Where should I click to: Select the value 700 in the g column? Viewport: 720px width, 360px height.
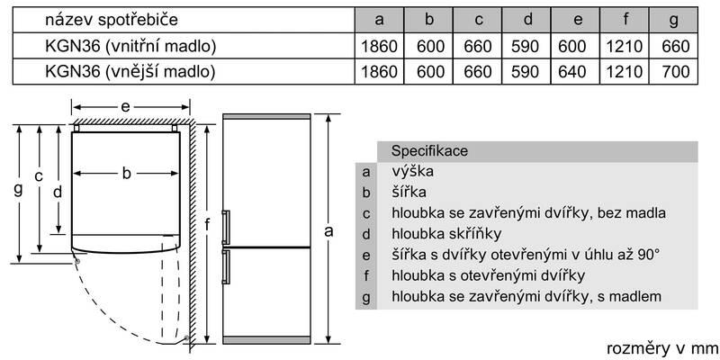click(677, 72)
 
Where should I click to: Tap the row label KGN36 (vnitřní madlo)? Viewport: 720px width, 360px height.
click(130, 46)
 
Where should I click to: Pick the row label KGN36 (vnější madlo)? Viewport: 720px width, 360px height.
click(130, 72)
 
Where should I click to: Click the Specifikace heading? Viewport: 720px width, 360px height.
click(429, 150)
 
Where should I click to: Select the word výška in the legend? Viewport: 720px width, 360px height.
click(413, 171)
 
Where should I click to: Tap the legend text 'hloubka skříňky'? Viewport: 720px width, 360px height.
click(446, 234)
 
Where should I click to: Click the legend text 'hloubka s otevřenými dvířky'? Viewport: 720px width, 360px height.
click(488, 275)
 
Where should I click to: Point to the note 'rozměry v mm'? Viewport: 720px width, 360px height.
click(662, 348)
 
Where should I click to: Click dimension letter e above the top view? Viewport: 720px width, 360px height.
click(125, 107)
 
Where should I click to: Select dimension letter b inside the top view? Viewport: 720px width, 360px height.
click(126, 173)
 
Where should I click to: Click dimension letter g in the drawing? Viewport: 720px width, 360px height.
click(18, 189)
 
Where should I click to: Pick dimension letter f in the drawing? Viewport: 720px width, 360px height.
click(208, 225)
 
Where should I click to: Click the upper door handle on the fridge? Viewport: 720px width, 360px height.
click(226, 227)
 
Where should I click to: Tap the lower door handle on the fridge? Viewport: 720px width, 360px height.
click(226, 266)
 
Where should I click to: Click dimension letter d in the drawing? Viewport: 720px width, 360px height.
click(58, 192)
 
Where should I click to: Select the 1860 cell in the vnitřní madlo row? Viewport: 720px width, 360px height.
click(379, 46)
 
